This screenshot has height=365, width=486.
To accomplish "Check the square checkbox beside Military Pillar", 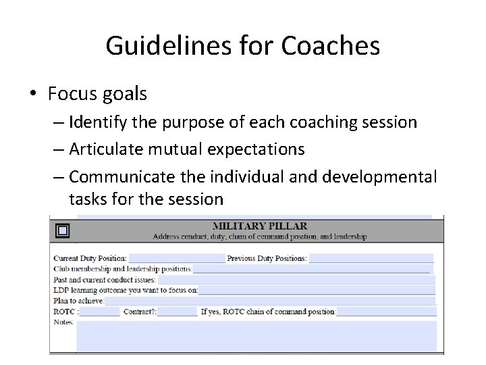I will point(62,230).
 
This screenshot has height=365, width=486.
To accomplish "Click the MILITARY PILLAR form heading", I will point(259,226).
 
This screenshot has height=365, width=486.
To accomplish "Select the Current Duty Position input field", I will point(176,258).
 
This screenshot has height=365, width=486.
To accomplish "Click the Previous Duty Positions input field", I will point(371,258).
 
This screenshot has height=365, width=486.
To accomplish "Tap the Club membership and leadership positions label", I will point(122,269).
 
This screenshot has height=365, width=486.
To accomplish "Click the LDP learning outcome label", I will point(126,290).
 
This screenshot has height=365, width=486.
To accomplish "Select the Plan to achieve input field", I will point(270,301).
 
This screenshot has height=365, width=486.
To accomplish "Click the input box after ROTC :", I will point(99,312).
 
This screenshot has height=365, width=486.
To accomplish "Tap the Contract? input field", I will point(178,312).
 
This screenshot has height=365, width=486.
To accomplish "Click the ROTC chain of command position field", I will point(386,312).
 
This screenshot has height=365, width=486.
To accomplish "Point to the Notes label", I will point(63,322).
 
